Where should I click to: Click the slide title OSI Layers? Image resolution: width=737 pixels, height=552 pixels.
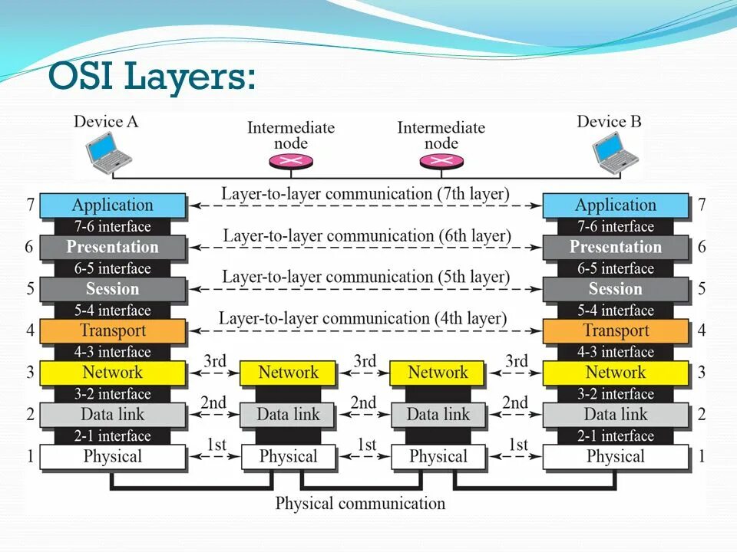point(151,77)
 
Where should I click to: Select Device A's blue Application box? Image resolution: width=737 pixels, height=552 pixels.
point(112,205)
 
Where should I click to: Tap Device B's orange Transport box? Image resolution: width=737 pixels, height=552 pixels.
point(616,331)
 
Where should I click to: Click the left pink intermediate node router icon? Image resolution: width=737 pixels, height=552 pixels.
point(291,161)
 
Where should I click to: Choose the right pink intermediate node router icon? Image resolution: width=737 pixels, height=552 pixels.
point(441,161)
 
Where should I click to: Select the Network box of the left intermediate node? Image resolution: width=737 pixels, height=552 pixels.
point(288,373)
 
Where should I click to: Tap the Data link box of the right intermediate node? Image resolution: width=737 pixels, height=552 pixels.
point(438,415)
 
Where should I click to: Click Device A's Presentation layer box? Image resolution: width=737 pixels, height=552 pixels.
point(112,248)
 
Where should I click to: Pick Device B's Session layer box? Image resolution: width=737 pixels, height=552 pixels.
point(616,289)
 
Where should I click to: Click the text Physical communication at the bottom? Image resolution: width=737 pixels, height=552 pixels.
point(360,504)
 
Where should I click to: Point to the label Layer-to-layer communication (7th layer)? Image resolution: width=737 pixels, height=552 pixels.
point(365,194)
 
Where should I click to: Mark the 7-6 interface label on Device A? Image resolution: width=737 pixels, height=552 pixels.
point(112,227)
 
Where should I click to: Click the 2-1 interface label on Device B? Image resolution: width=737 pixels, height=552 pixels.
point(616,436)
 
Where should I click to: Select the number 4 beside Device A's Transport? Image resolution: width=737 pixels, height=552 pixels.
point(30,331)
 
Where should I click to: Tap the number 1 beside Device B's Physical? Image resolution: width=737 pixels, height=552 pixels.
point(702,457)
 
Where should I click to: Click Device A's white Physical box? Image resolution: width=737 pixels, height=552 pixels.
point(112,457)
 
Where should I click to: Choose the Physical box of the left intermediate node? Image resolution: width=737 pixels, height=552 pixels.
point(288,457)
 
